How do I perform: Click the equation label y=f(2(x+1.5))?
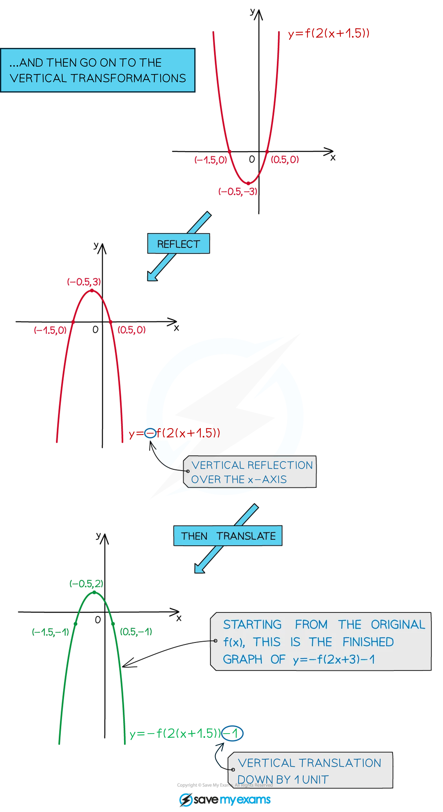click(x=328, y=33)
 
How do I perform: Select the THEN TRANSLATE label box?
click(x=228, y=536)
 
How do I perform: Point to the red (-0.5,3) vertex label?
click(x=84, y=281)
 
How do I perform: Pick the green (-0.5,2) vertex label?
click(x=86, y=584)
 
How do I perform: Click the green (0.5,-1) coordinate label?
click(x=136, y=631)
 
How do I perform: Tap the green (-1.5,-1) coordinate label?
click(x=50, y=632)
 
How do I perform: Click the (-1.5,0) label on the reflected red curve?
click(x=50, y=330)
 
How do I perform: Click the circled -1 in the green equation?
click(x=232, y=734)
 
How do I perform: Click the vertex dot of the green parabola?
click(x=94, y=593)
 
